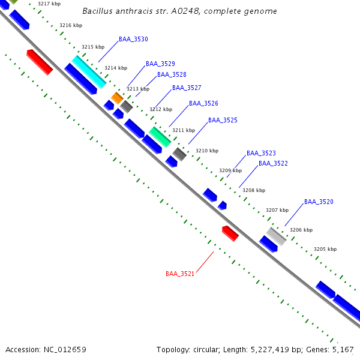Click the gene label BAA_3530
pos(133,39)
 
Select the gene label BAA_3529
pos(160,64)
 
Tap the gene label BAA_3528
pos(172,75)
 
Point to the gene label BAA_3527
pos(187,88)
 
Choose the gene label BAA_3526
pos(203,104)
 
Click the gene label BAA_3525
pos(223,121)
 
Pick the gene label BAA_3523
pos(261,154)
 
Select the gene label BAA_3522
pos(273,163)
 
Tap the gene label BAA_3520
pos(319,202)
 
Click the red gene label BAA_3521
pos(180,274)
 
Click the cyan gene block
pos(89,72)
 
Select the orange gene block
pos(117,97)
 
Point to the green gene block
pos(160,137)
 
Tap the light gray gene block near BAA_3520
pos(277,236)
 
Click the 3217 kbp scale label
pos(49,4)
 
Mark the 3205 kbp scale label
pos(325,249)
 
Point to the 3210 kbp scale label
pos(207,151)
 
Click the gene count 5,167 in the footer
pos(343,349)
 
